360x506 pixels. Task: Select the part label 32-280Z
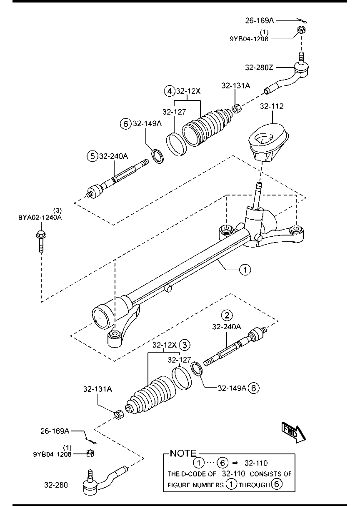260,67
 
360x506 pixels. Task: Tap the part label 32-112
272,106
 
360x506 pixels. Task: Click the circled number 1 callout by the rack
245,270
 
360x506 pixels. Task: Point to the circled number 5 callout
92,156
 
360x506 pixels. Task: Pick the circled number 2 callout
227,315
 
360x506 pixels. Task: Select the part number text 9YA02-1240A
40,217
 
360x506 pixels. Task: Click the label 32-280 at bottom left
55,485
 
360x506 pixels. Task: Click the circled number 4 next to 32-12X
169,90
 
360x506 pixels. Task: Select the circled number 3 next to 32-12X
185,345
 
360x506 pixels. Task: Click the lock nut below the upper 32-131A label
235,108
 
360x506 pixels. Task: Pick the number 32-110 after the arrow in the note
256,463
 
